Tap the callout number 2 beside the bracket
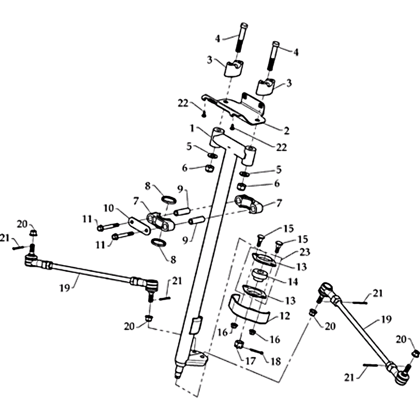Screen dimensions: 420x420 point(286,130)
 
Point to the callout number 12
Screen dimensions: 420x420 point(285,316)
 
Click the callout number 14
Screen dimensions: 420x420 point(292,281)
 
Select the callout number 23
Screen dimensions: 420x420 point(305,252)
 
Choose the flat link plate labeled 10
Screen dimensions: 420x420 point(138,224)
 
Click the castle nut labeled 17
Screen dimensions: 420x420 point(238,344)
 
